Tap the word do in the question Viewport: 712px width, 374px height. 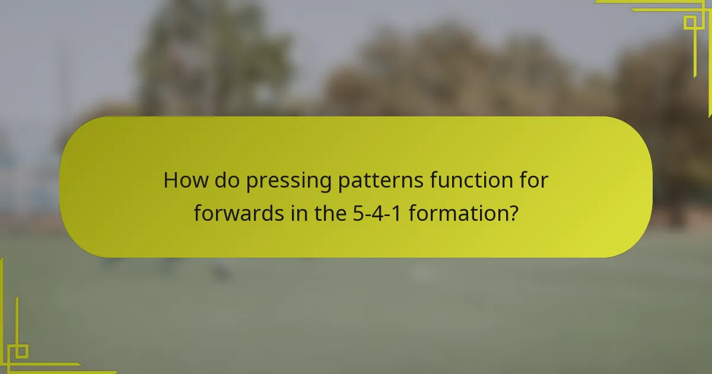click(x=225, y=180)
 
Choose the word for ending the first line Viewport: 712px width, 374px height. click(x=533, y=180)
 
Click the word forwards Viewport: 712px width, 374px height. click(x=236, y=213)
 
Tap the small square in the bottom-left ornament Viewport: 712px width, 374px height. click(x=21, y=351)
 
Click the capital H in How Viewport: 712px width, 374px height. click(x=171, y=180)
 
